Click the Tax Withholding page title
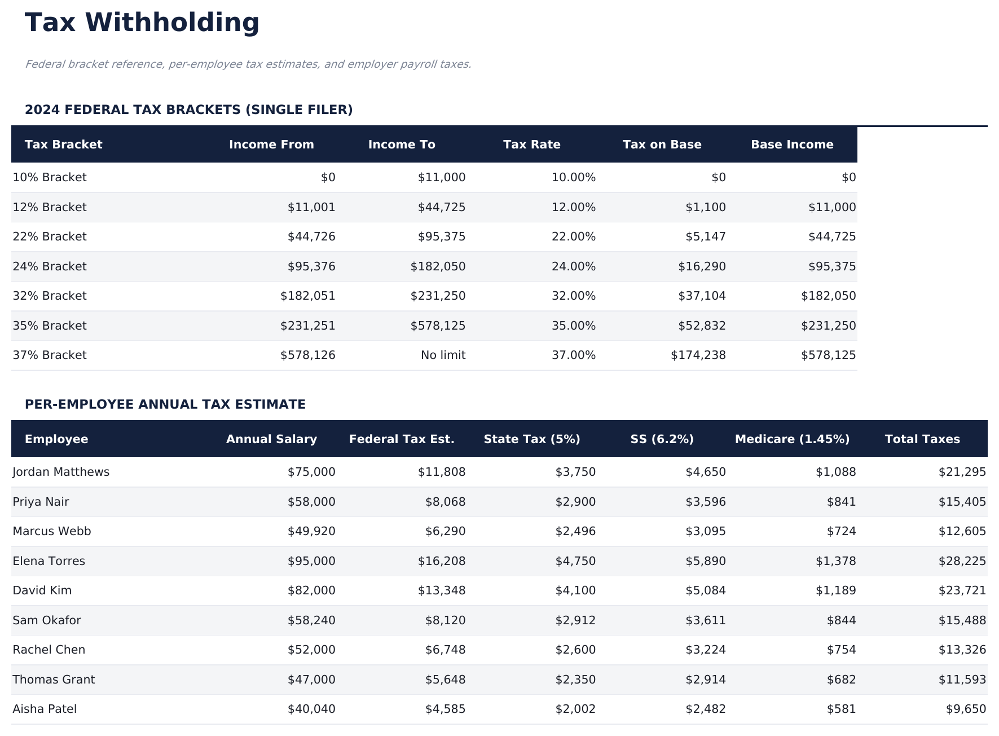(142, 23)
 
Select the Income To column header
(401, 144)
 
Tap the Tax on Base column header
(662, 144)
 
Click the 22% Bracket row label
(50, 237)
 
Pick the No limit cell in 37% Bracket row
(443, 356)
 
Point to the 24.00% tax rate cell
(573, 266)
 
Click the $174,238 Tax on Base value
(698, 356)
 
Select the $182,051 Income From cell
(307, 296)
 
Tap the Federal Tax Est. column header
(401, 439)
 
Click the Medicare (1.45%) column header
(792, 439)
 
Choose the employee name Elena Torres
(49, 561)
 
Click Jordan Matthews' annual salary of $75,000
(311, 472)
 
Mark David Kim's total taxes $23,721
(962, 591)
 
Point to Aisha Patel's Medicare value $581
(841, 709)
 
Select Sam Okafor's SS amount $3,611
(705, 621)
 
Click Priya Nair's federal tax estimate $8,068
(445, 502)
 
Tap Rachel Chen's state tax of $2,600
(575, 650)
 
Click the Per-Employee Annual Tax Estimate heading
(165, 405)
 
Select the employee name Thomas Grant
(54, 680)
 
